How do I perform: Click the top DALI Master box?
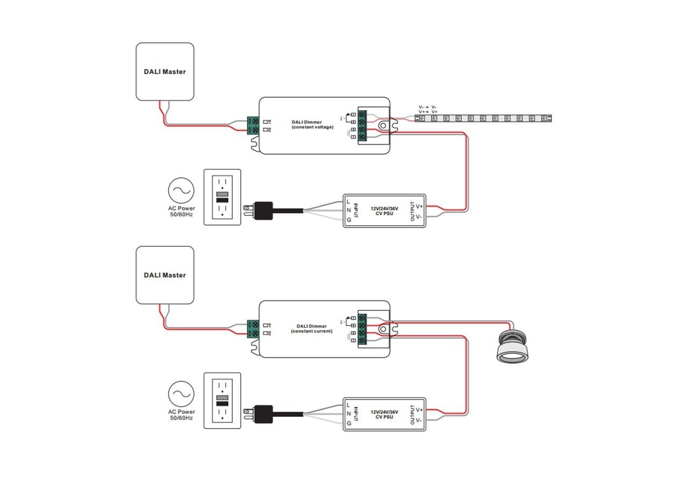click(x=164, y=72)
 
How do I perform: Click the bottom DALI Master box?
click(x=164, y=275)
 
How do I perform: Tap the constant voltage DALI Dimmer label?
click(x=312, y=125)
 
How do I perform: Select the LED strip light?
click(x=484, y=117)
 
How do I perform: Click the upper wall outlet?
click(x=222, y=197)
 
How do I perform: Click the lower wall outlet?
click(x=222, y=401)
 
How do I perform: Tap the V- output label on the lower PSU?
click(x=419, y=420)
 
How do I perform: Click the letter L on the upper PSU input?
click(x=348, y=201)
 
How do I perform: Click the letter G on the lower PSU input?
click(x=348, y=423)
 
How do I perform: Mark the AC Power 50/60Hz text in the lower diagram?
click(x=182, y=415)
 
